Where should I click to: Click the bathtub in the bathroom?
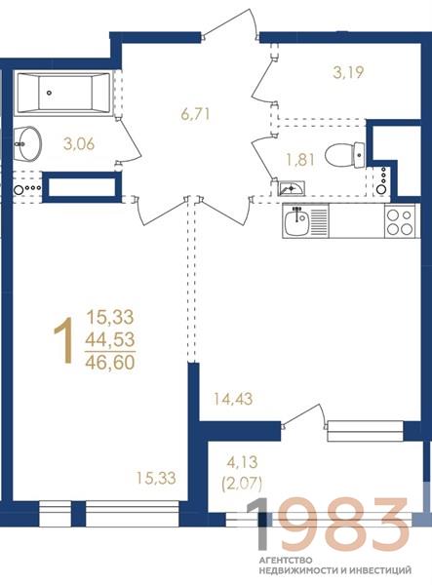63,93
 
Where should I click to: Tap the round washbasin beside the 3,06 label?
27,144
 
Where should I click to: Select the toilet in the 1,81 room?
344,154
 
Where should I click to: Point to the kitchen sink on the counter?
295,221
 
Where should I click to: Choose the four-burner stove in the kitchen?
400,221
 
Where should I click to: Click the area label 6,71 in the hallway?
195,114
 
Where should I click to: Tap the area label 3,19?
348,72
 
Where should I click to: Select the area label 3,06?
79,143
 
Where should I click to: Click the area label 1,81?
300,160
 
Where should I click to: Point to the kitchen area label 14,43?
232,399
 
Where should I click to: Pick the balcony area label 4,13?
243,462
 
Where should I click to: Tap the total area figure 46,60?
110,363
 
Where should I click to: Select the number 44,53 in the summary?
110,340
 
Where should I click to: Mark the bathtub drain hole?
49,93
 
